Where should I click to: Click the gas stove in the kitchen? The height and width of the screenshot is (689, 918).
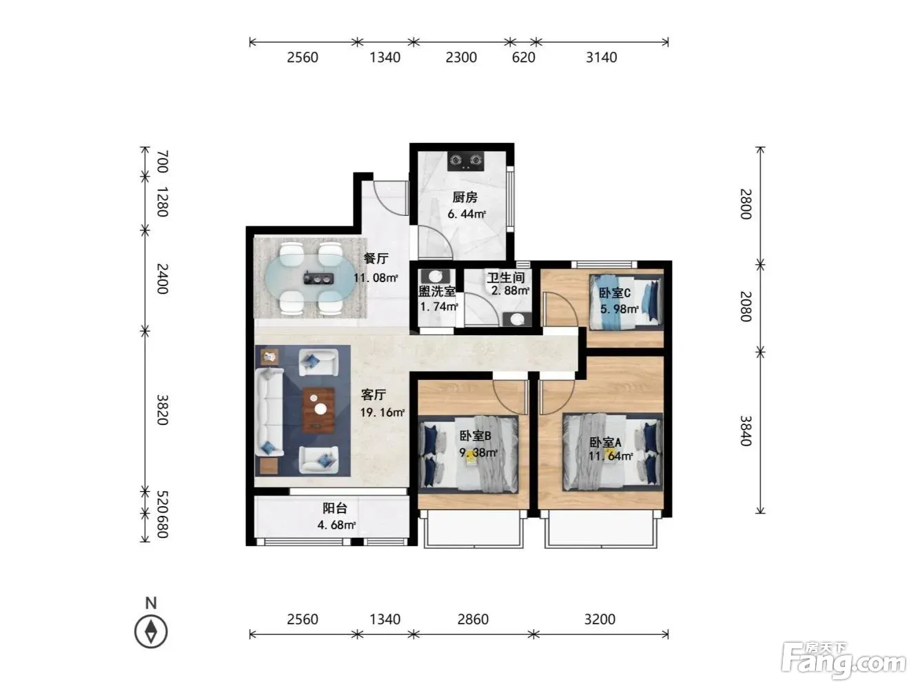tap(466, 161)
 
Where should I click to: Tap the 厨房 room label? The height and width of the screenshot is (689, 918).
tap(465, 197)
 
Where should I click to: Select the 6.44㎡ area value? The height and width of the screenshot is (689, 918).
tap(467, 214)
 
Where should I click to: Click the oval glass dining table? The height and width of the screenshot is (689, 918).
tap(309, 278)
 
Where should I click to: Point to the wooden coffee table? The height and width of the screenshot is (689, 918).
tap(318, 410)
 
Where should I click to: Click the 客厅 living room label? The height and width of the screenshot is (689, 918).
tap(374, 395)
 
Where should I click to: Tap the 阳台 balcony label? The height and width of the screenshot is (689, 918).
tap(335, 508)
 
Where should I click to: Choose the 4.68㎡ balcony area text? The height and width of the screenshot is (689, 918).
tap(337, 525)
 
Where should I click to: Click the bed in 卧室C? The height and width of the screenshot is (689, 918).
tap(626, 301)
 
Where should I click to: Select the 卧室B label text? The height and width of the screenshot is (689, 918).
tap(475, 436)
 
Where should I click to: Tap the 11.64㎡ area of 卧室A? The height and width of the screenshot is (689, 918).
tap(611, 456)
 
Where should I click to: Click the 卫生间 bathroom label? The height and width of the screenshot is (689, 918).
tap(506, 277)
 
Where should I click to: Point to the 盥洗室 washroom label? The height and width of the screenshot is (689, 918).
tap(438, 291)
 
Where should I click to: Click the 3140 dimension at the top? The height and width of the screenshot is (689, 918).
tap(602, 57)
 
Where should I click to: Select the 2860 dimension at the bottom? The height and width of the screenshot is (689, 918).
tap(473, 619)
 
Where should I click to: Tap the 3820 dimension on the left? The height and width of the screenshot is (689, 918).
tap(162, 410)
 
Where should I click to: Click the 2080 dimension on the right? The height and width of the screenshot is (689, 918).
tap(746, 307)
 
